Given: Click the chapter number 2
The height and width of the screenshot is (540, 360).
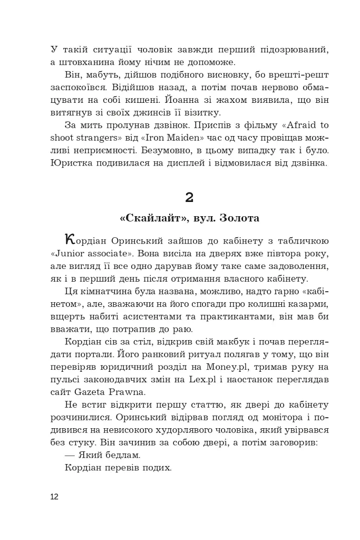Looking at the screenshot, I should click(x=190, y=198).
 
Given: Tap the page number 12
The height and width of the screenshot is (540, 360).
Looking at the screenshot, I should click(x=55, y=496).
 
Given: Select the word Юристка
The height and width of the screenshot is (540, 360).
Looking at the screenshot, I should click(x=73, y=163).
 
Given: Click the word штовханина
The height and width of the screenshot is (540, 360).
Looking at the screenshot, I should click(x=86, y=62).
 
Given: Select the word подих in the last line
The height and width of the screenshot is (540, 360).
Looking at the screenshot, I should click(x=159, y=467).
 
